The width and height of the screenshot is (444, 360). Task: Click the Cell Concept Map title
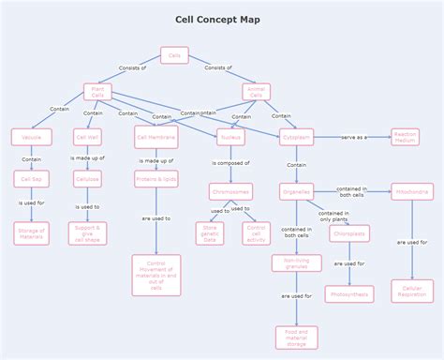pyautogui.click(x=218, y=20)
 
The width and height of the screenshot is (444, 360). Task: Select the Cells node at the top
pyautogui.click(x=174, y=55)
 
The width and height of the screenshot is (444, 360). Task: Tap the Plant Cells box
pyautogui.click(x=97, y=92)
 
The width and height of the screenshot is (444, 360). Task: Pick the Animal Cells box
pyautogui.click(x=257, y=92)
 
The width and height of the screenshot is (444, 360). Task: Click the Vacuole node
pyautogui.click(x=32, y=137)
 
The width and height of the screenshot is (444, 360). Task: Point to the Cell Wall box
pyautogui.click(x=87, y=137)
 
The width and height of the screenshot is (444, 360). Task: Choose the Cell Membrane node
pyautogui.click(x=155, y=137)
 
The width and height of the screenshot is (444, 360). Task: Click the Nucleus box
pyautogui.click(x=230, y=137)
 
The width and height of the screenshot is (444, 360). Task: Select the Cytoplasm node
pyautogui.click(x=296, y=137)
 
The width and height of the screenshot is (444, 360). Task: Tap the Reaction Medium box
pyautogui.click(x=405, y=137)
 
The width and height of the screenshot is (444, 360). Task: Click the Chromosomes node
pyautogui.click(x=230, y=191)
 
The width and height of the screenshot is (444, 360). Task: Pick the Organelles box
pyautogui.click(x=296, y=191)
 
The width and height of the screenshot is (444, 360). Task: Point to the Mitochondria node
pyautogui.click(x=412, y=191)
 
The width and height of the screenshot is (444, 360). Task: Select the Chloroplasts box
pyautogui.click(x=349, y=233)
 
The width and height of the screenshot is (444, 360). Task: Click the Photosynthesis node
pyautogui.click(x=349, y=293)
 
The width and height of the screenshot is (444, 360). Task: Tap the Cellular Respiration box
pyautogui.click(x=412, y=291)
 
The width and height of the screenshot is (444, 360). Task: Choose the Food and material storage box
pyautogui.click(x=296, y=337)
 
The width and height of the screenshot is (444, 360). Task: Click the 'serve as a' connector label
pyautogui.click(x=353, y=137)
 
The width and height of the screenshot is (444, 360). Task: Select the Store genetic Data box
pyautogui.click(x=210, y=232)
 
